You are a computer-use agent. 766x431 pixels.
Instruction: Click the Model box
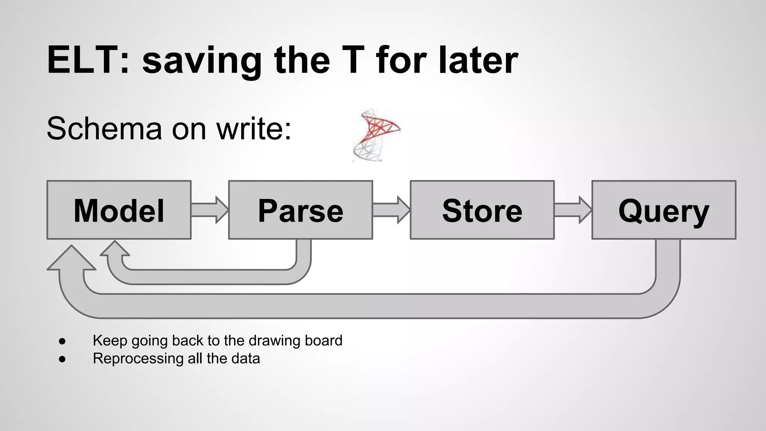point(119,210)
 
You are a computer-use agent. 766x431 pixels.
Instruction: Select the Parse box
point(300,210)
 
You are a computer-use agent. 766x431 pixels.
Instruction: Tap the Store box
point(482,210)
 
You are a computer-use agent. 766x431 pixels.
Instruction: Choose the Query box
point(664,210)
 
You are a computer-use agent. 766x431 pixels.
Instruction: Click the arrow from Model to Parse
point(209,210)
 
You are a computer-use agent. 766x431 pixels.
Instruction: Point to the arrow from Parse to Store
point(391,210)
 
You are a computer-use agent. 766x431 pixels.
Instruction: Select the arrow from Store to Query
point(573,210)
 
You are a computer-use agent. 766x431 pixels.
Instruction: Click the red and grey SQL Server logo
point(376,135)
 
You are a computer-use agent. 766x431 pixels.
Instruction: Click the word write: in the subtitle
point(254,129)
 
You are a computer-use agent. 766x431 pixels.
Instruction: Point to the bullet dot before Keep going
point(62,341)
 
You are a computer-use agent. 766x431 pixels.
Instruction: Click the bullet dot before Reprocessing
point(62,359)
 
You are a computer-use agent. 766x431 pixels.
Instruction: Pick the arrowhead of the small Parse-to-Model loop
point(115,249)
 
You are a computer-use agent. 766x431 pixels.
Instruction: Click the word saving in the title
point(202,60)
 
